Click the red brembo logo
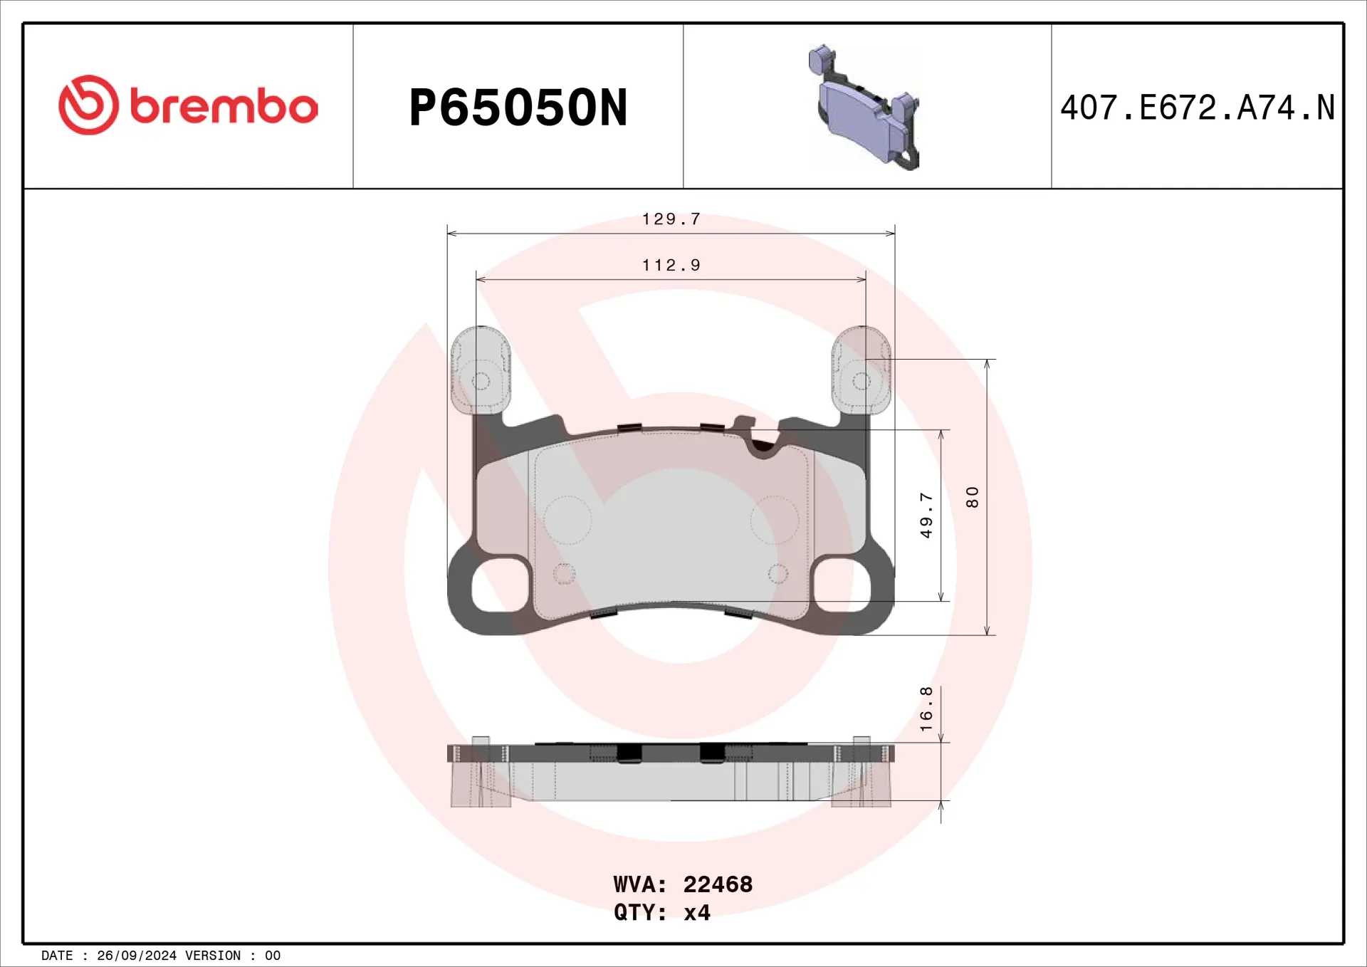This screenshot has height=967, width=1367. (x=187, y=105)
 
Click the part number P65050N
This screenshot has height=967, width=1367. (x=518, y=108)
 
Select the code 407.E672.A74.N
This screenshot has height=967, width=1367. (x=1197, y=108)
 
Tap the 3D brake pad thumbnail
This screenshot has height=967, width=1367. (x=864, y=108)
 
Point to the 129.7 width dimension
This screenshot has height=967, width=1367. (x=671, y=219)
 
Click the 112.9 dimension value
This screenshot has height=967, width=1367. (x=671, y=266)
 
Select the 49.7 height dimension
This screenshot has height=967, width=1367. (x=926, y=515)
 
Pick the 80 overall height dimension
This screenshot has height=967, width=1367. (x=972, y=497)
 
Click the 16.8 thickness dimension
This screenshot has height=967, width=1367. (x=926, y=709)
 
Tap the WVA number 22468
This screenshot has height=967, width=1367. (x=717, y=884)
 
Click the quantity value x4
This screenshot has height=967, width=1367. (x=696, y=912)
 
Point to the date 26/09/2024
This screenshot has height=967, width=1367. (x=136, y=956)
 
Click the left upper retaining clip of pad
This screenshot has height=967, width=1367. (x=481, y=370)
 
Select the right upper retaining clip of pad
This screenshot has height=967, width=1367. (x=861, y=370)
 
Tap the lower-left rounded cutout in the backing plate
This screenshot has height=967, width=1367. (x=501, y=585)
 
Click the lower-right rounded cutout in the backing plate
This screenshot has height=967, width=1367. (x=842, y=585)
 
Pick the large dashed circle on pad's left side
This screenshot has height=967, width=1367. (x=567, y=520)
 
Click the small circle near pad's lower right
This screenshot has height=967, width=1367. (x=777, y=573)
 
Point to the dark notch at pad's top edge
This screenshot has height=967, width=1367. (x=763, y=446)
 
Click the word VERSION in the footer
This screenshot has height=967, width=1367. (x=212, y=956)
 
